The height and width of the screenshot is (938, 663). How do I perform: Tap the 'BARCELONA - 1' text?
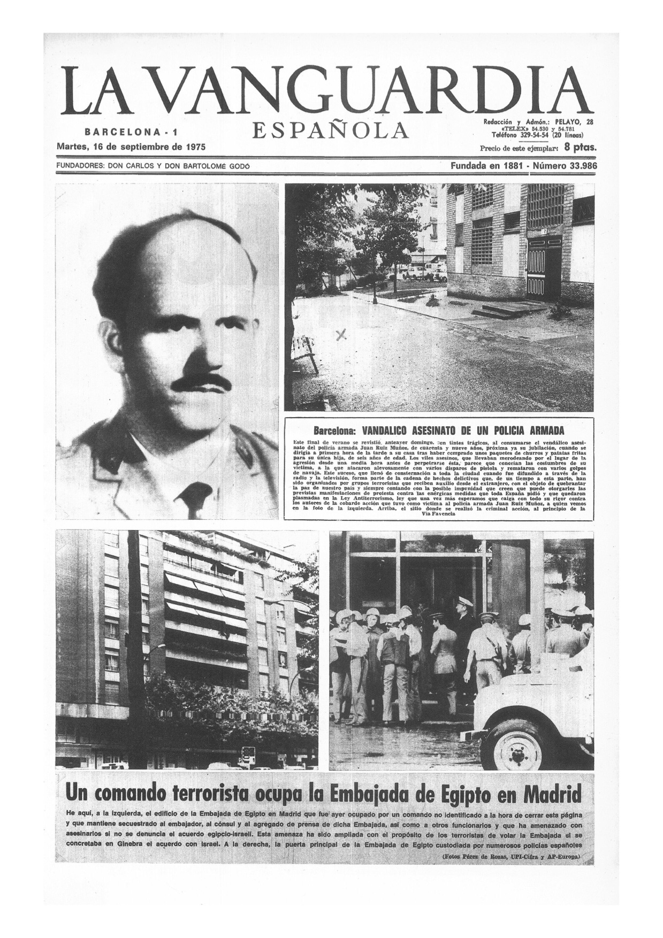point(124,132)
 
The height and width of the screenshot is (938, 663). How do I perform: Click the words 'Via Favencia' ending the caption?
point(438,514)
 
